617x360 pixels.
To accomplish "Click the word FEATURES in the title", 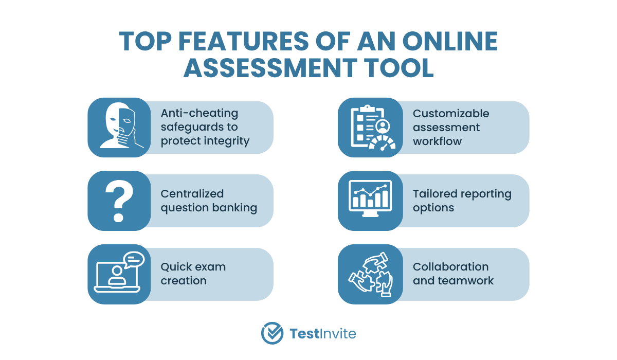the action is click(x=244, y=41).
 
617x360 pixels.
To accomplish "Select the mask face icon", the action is click(x=121, y=125).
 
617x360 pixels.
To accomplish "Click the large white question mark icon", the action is click(x=119, y=201).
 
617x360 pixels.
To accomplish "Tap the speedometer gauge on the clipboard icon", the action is click(x=382, y=143).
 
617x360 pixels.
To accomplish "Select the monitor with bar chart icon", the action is click(x=370, y=199).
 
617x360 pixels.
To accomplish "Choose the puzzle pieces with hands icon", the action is click(x=371, y=274).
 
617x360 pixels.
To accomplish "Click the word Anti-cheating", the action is click(x=199, y=113).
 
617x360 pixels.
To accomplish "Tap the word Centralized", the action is click(x=192, y=194).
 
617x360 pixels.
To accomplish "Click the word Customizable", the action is click(x=451, y=114).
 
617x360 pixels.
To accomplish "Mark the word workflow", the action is click(x=437, y=141).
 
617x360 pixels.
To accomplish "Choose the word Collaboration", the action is click(x=450, y=267).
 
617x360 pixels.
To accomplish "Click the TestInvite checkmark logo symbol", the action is click(x=272, y=333).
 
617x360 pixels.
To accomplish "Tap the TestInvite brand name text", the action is click(x=323, y=334).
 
